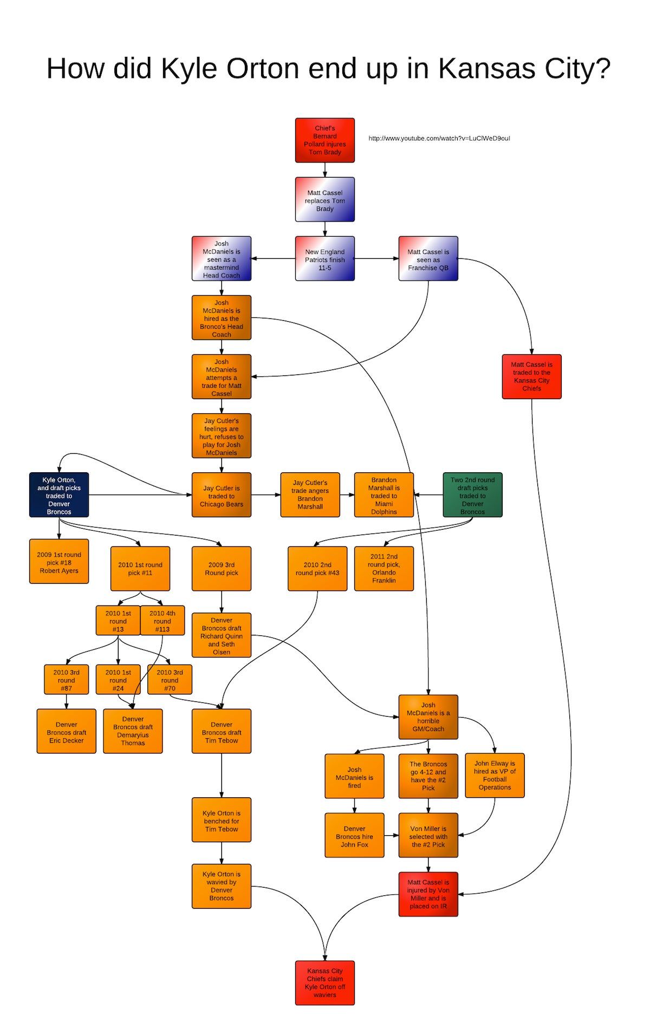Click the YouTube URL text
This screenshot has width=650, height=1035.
439,138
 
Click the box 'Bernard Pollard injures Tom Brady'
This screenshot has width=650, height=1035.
325,140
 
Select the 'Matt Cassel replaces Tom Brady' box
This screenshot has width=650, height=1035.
325,199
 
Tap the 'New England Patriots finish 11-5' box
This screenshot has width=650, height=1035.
325,258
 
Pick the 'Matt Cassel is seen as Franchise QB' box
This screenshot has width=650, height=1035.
428,258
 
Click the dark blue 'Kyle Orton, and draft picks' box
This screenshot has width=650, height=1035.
59,495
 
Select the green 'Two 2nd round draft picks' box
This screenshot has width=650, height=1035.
473,495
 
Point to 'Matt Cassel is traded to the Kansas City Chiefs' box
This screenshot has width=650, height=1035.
532,377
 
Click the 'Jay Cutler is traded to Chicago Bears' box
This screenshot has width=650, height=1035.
222,495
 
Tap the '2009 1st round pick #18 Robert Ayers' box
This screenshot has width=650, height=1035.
59,562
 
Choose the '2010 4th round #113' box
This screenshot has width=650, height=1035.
162,621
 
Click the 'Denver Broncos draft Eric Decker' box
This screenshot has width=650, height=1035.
67,731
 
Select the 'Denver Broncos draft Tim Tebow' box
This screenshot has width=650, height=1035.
222,731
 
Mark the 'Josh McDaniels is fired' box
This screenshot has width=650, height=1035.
355,776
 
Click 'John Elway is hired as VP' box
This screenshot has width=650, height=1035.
495,776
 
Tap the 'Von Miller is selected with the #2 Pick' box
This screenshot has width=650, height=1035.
428,835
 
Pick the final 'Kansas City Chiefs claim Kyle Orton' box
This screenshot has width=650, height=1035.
325,983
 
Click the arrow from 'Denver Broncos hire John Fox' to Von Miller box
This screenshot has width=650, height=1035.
392,835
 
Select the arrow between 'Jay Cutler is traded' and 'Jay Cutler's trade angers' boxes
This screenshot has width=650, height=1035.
266,495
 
